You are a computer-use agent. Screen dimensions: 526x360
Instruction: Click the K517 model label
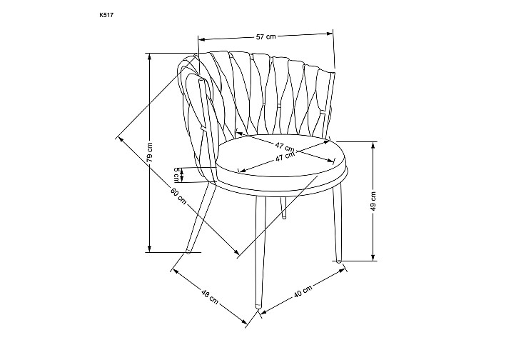104,15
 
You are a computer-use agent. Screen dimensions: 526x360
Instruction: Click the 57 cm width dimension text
265,36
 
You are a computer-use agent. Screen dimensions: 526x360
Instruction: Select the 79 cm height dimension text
150,152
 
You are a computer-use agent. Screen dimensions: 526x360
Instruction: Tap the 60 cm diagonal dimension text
178,196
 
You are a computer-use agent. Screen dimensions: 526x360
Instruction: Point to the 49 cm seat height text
373,201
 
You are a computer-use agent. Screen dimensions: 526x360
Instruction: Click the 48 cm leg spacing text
209,296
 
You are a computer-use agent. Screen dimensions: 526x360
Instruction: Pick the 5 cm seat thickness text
176,174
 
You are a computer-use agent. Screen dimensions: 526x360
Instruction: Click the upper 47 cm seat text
285,146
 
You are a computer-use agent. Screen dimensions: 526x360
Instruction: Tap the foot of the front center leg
258,305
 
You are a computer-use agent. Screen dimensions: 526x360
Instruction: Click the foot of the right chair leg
339,259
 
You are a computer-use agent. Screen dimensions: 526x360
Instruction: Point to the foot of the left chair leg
188,251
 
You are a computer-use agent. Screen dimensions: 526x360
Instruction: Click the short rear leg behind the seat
284,208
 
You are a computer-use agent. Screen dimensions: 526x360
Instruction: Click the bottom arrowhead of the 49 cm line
373,257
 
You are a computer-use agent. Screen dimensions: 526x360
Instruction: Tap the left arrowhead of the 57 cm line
202,39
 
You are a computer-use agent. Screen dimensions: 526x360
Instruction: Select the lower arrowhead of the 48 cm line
244,321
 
